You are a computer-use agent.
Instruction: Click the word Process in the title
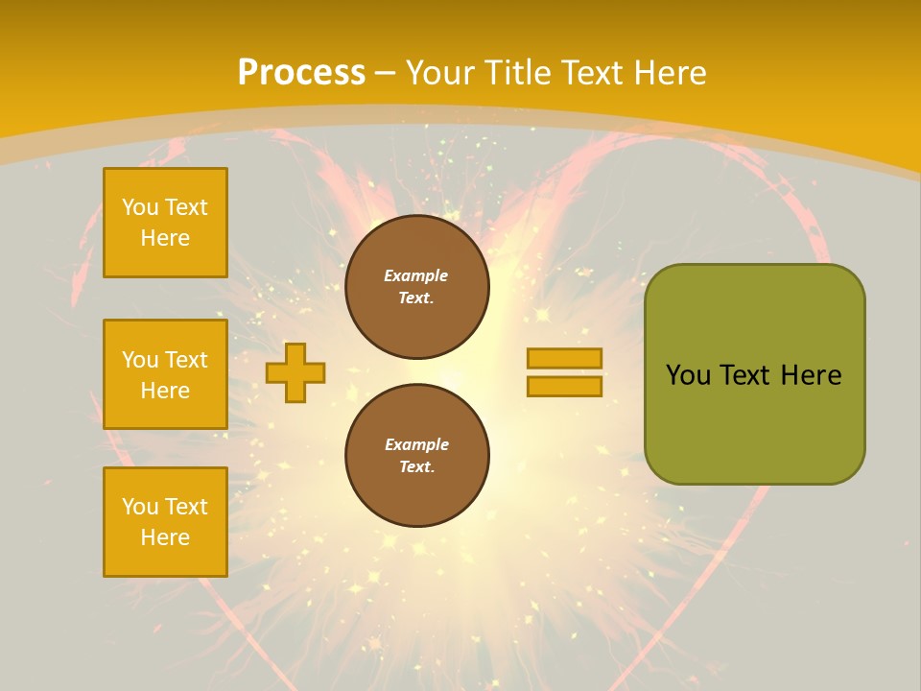[x=301, y=73]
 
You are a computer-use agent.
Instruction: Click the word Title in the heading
[x=518, y=73]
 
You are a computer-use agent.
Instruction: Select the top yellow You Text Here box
[x=165, y=223]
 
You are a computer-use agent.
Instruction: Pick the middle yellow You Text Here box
[x=165, y=374]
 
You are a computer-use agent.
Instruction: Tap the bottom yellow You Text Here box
[x=165, y=522]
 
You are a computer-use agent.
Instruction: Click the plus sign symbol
[x=295, y=372]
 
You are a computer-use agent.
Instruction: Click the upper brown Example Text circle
[x=416, y=287]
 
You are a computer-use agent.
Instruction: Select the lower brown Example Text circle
[x=416, y=456]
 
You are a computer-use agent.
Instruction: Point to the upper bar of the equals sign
[x=564, y=359]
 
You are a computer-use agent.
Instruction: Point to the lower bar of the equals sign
[x=564, y=386]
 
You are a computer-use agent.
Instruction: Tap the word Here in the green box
[x=811, y=375]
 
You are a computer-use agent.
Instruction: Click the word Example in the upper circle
[x=416, y=276]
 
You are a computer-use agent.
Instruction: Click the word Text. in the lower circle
[x=416, y=467]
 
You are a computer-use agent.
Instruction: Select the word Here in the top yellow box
[x=165, y=238]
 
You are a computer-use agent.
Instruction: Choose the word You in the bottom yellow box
[x=140, y=507]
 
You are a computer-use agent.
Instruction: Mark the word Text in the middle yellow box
[x=186, y=360]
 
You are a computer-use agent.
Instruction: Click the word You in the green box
[x=688, y=375]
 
